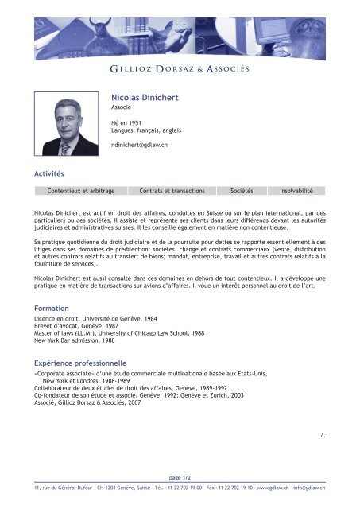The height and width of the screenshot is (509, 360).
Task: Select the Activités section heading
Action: point(48,173)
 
